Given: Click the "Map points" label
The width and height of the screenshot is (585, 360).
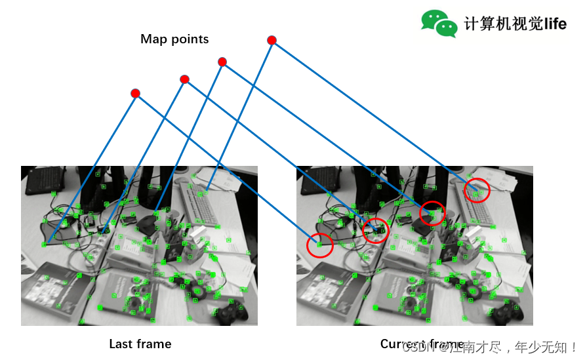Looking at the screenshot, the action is click(x=174, y=39).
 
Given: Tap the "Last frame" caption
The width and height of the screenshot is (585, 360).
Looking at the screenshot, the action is click(x=140, y=344).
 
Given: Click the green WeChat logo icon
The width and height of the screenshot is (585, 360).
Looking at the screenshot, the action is click(x=439, y=23).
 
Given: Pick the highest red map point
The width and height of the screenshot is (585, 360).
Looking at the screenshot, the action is click(x=272, y=41).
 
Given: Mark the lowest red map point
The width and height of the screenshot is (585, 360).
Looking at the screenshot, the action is click(x=135, y=93).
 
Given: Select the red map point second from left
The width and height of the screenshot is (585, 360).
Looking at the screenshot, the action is click(x=184, y=79).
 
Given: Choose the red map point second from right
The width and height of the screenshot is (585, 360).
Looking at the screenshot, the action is click(x=222, y=62).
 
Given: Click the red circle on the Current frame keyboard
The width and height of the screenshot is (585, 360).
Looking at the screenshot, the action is click(x=477, y=190).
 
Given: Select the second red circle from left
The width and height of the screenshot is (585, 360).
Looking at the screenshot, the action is click(x=376, y=230).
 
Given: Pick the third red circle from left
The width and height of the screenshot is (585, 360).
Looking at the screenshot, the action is click(x=432, y=212).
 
